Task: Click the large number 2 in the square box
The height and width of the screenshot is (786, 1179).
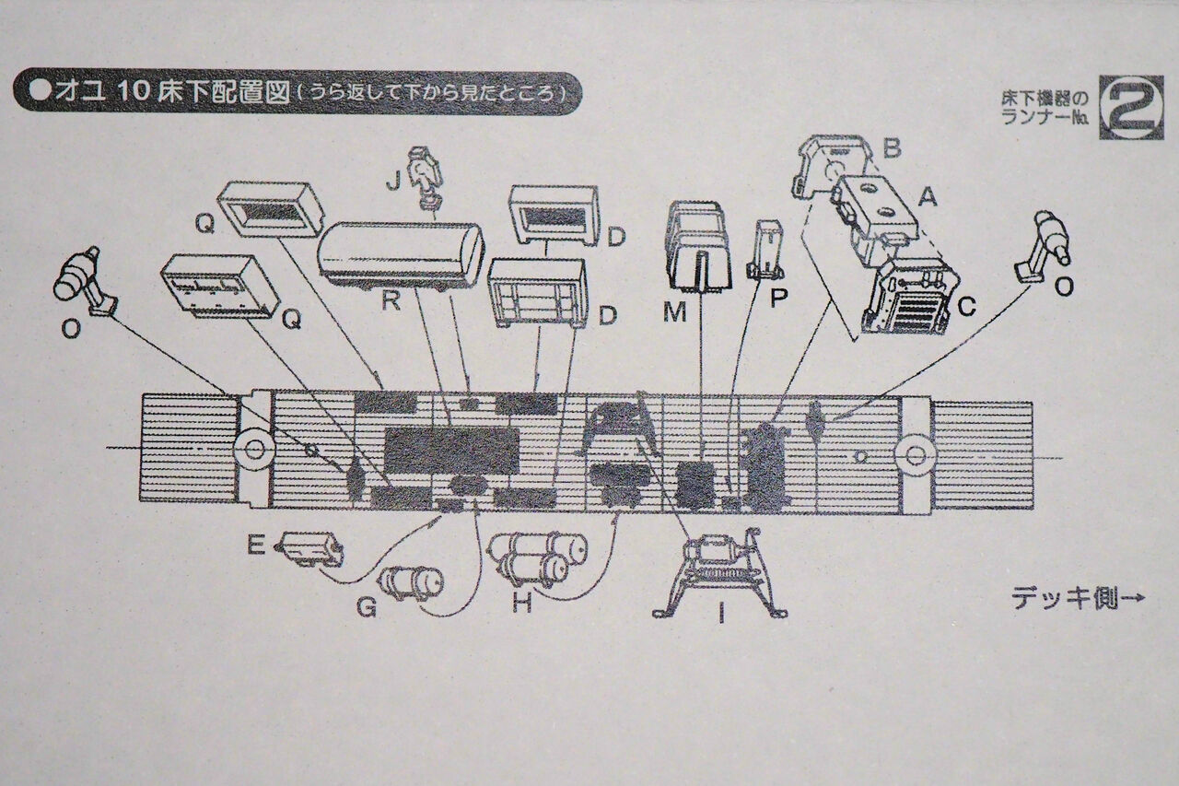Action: click(1131, 107)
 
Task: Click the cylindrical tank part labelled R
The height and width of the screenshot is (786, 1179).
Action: click(401, 256)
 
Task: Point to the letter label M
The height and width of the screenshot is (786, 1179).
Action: click(674, 311)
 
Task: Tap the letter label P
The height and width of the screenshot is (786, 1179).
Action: click(778, 298)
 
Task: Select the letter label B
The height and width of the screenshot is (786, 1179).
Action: click(892, 148)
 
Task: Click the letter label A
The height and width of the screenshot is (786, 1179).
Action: click(927, 197)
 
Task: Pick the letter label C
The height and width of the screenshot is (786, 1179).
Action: click(967, 307)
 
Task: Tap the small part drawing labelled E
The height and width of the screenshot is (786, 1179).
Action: click(309, 549)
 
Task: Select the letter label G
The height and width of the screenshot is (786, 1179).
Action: click(367, 608)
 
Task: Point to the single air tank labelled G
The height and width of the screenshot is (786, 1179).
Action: click(412, 582)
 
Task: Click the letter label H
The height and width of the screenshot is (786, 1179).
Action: click(522, 603)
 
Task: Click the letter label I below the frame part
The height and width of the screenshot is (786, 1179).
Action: click(721, 614)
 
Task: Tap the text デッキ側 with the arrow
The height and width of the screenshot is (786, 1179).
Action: click(1078, 599)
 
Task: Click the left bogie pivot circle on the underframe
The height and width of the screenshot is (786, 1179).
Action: click(255, 450)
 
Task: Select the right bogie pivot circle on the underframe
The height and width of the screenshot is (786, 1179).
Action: click(915, 453)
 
